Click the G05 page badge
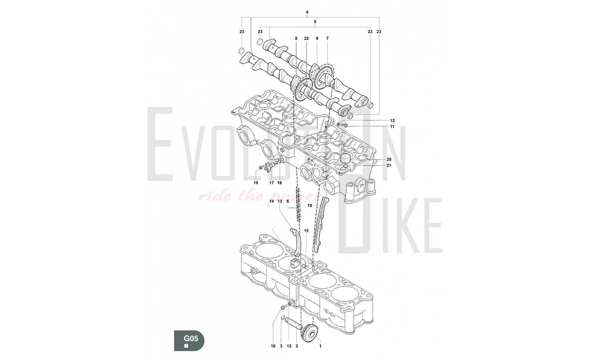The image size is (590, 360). pos(189,340)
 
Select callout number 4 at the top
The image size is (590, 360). pos(307,12)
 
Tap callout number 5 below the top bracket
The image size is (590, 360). pos(315,22)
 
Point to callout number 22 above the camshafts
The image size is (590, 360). pos(306,38)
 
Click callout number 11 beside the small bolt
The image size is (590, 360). pos(392,127)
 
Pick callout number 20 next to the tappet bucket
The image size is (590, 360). pos(389,160)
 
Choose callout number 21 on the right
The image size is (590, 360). pos(389,166)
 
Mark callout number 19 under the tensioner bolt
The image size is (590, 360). pos(256,183)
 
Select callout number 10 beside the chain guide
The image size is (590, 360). pos(310,206)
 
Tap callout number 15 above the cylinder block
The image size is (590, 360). pos(306,231)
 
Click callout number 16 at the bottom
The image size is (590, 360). pos(273,346)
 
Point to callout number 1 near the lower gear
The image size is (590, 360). pos(320,346)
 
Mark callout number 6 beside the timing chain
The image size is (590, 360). pos(288,201)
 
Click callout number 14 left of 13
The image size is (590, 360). pos(272,201)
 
